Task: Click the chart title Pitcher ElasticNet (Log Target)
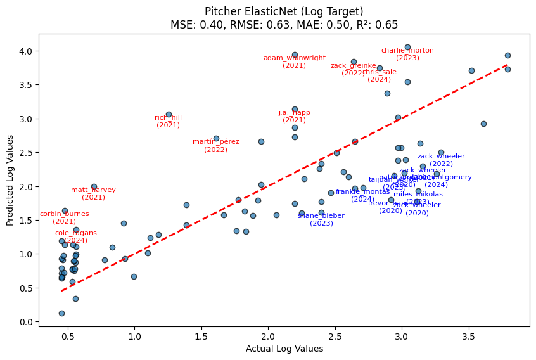click(284, 11)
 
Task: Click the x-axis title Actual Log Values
click(284, 349)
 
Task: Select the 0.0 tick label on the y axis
click(27, 322)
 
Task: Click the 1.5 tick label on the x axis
click(201, 335)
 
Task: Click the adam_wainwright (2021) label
click(295, 61)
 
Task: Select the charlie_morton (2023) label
click(407, 54)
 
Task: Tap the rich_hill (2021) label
click(169, 121)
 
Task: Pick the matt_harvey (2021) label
click(93, 193)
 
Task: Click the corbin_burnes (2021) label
click(65, 217)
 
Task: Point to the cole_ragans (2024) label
click(76, 236)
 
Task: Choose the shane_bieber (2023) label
click(321, 219)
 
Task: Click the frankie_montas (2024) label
click(362, 195)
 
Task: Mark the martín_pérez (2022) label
click(216, 145)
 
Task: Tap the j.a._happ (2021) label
click(295, 116)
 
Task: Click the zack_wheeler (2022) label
click(441, 160)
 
